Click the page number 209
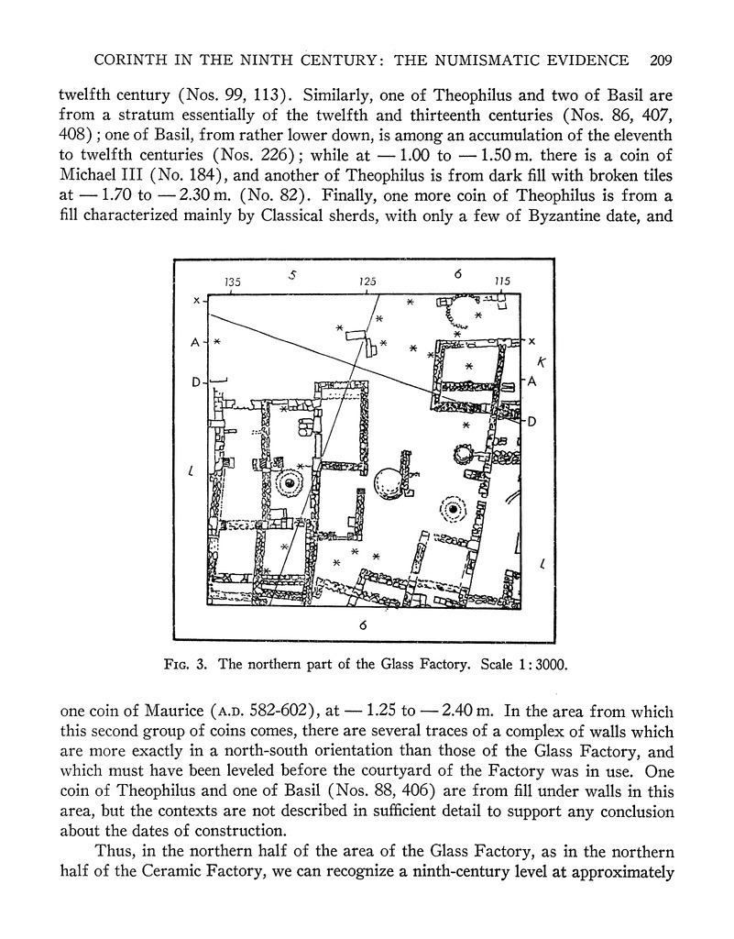tap(660, 61)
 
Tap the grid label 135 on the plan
tap(232, 282)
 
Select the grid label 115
tap(501, 282)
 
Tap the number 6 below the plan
tap(364, 626)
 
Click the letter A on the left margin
tap(194, 342)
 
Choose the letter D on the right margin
tap(531, 421)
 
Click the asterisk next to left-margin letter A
tap(216, 342)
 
